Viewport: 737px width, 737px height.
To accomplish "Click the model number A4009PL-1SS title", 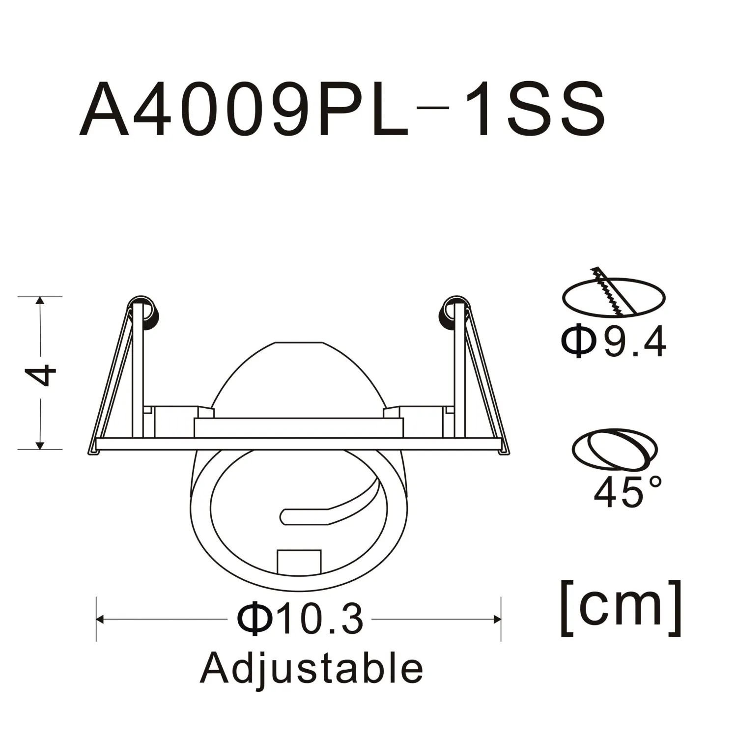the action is (x=342, y=109).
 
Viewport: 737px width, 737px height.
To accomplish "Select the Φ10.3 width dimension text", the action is (x=300, y=619).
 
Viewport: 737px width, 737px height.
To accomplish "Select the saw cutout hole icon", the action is (x=614, y=295).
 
